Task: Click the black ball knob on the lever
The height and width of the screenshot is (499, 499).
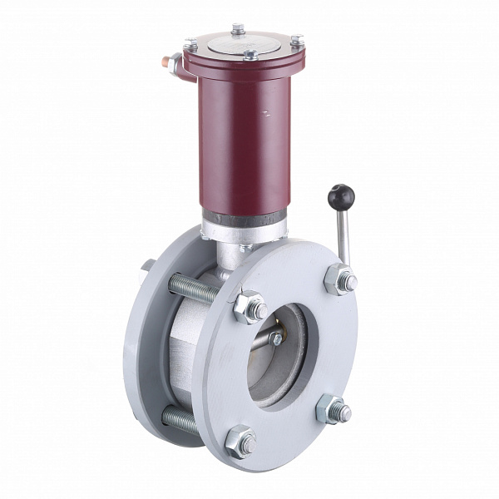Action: coord(340,197)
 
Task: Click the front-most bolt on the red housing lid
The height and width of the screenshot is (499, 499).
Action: coord(249,56)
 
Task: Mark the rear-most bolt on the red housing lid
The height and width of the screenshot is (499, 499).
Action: coord(238,29)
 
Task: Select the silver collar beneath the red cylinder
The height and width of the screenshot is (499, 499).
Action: coord(243,225)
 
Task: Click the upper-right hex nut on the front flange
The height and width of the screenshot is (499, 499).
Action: coord(340,279)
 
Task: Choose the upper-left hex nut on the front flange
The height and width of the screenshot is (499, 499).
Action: coord(249,308)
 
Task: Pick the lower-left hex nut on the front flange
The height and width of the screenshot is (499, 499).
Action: coord(241,441)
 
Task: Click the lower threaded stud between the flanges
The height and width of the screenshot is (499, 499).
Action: coord(180,420)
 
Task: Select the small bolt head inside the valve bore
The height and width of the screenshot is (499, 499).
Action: coord(275,339)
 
